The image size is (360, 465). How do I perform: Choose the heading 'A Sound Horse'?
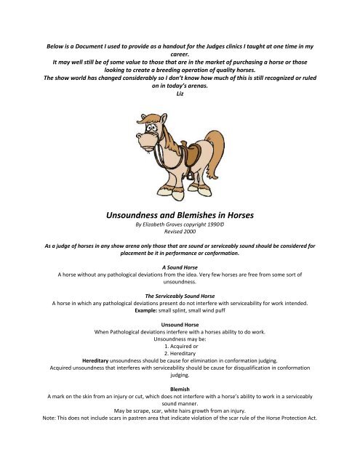[x=180, y=267]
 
